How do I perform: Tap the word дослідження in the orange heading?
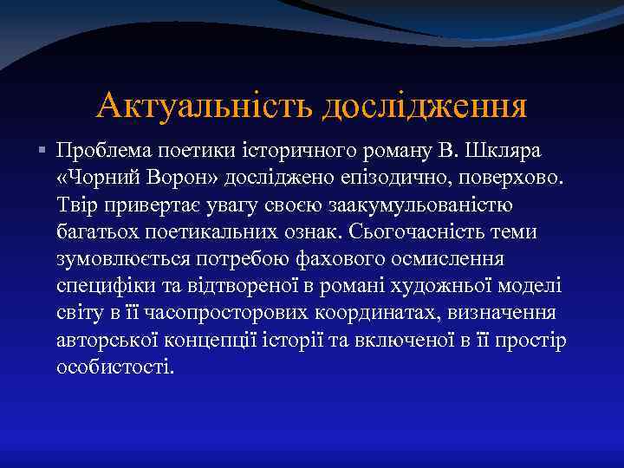tap(425, 107)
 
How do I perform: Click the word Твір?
tap(75, 205)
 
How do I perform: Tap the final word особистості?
tap(114, 367)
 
